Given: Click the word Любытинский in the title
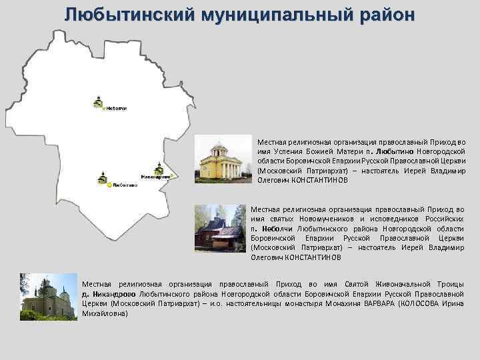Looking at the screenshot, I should (x=125, y=14).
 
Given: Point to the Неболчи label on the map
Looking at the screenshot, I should (x=116, y=108).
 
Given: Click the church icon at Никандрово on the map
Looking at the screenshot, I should (x=158, y=169).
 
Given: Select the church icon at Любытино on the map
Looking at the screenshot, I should (x=102, y=177).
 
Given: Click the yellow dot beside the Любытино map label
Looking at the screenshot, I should (x=109, y=185).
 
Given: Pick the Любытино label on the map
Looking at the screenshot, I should (x=125, y=185).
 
